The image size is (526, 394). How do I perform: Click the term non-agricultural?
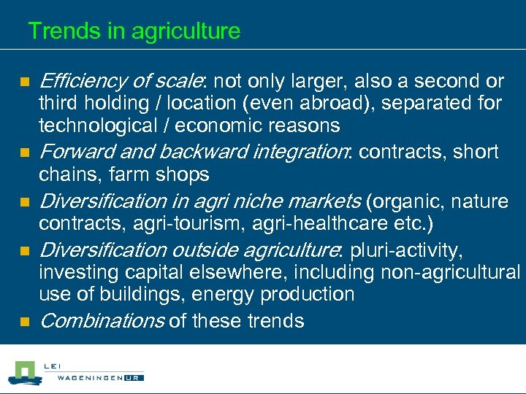tap(450, 273)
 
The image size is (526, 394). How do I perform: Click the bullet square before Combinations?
tap(23, 322)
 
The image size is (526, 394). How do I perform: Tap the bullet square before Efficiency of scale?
tap(23, 81)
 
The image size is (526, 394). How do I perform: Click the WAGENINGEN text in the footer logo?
tap(86, 377)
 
